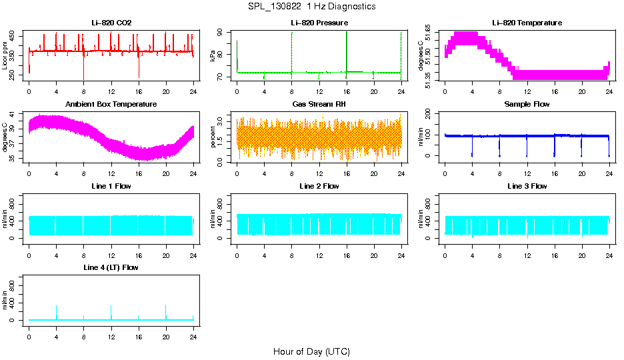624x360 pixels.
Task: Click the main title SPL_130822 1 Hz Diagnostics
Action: pos(311,7)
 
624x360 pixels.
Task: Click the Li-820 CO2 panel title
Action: pos(111,23)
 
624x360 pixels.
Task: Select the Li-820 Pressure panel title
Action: pos(319,23)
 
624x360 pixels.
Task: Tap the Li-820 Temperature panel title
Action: pos(527,23)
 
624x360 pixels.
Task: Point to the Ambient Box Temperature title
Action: pos(111,105)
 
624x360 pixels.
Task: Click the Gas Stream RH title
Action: pos(319,105)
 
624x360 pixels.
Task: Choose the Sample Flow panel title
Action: pos(527,105)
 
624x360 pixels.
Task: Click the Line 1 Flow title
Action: pos(111,186)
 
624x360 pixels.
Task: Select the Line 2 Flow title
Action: pos(319,186)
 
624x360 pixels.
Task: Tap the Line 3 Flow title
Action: pos(527,186)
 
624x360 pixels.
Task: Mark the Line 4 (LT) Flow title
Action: pos(111,267)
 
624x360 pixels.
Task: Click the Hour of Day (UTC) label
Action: pos(311,351)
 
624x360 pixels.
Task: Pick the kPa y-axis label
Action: pos(213,57)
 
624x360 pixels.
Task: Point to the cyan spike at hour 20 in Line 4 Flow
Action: pos(165,311)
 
